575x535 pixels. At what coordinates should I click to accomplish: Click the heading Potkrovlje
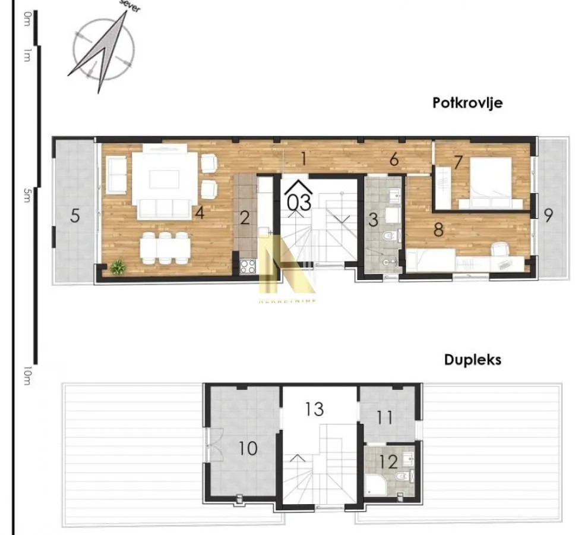467,102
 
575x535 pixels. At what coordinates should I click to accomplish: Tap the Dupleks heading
473,360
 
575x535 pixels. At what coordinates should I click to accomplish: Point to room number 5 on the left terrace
75,215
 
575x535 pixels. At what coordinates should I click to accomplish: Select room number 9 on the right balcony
548,215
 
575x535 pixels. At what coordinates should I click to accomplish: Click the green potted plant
118,267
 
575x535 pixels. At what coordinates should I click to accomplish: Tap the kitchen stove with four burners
248,265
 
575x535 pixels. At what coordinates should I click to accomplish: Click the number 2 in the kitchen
245,217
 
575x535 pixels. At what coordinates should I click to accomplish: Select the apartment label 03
299,202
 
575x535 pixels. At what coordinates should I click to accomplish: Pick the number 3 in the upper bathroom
373,219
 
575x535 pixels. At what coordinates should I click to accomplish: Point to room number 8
438,229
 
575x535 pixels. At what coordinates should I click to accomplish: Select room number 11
384,417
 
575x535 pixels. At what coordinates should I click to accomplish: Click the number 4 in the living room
200,213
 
